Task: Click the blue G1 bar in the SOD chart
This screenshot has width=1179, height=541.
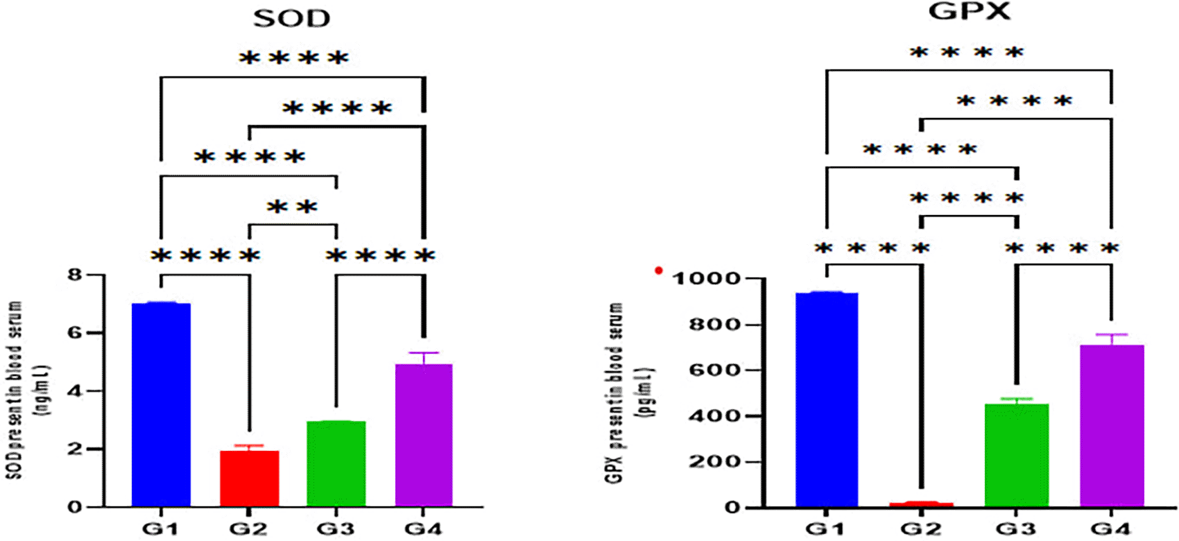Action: pyautogui.click(x=161, y=405)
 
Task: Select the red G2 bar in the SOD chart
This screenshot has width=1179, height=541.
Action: pyautogui.click(x=249, y=479)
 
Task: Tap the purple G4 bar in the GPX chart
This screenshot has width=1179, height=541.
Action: pyautogui.click(x=1112, y=427)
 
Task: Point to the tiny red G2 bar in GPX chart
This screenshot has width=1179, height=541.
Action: pyautogui.click(x=921, y=504)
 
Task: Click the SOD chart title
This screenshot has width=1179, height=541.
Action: pyautogui.click(x=291, y=19)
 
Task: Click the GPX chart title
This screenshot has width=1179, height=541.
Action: pyautogui.click(x=970, y=11)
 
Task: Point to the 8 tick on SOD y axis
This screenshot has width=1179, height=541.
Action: pyautogui.click(x=75, y=275)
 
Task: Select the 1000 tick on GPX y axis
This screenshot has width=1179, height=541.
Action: pyautogui.click(x=706, y=278)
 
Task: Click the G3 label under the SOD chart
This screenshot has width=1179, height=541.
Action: pyautogui.click(x=336, y=529)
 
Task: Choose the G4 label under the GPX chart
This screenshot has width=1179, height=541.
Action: pyautogui.click(x=1111, y=529)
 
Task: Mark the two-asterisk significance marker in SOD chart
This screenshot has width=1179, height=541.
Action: pyautogui.click(x=292, y=207)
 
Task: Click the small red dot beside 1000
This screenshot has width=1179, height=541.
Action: pyautogui.click(x=659, y=270)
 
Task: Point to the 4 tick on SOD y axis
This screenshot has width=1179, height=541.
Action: pyautogui.click(x=75, y=391)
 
